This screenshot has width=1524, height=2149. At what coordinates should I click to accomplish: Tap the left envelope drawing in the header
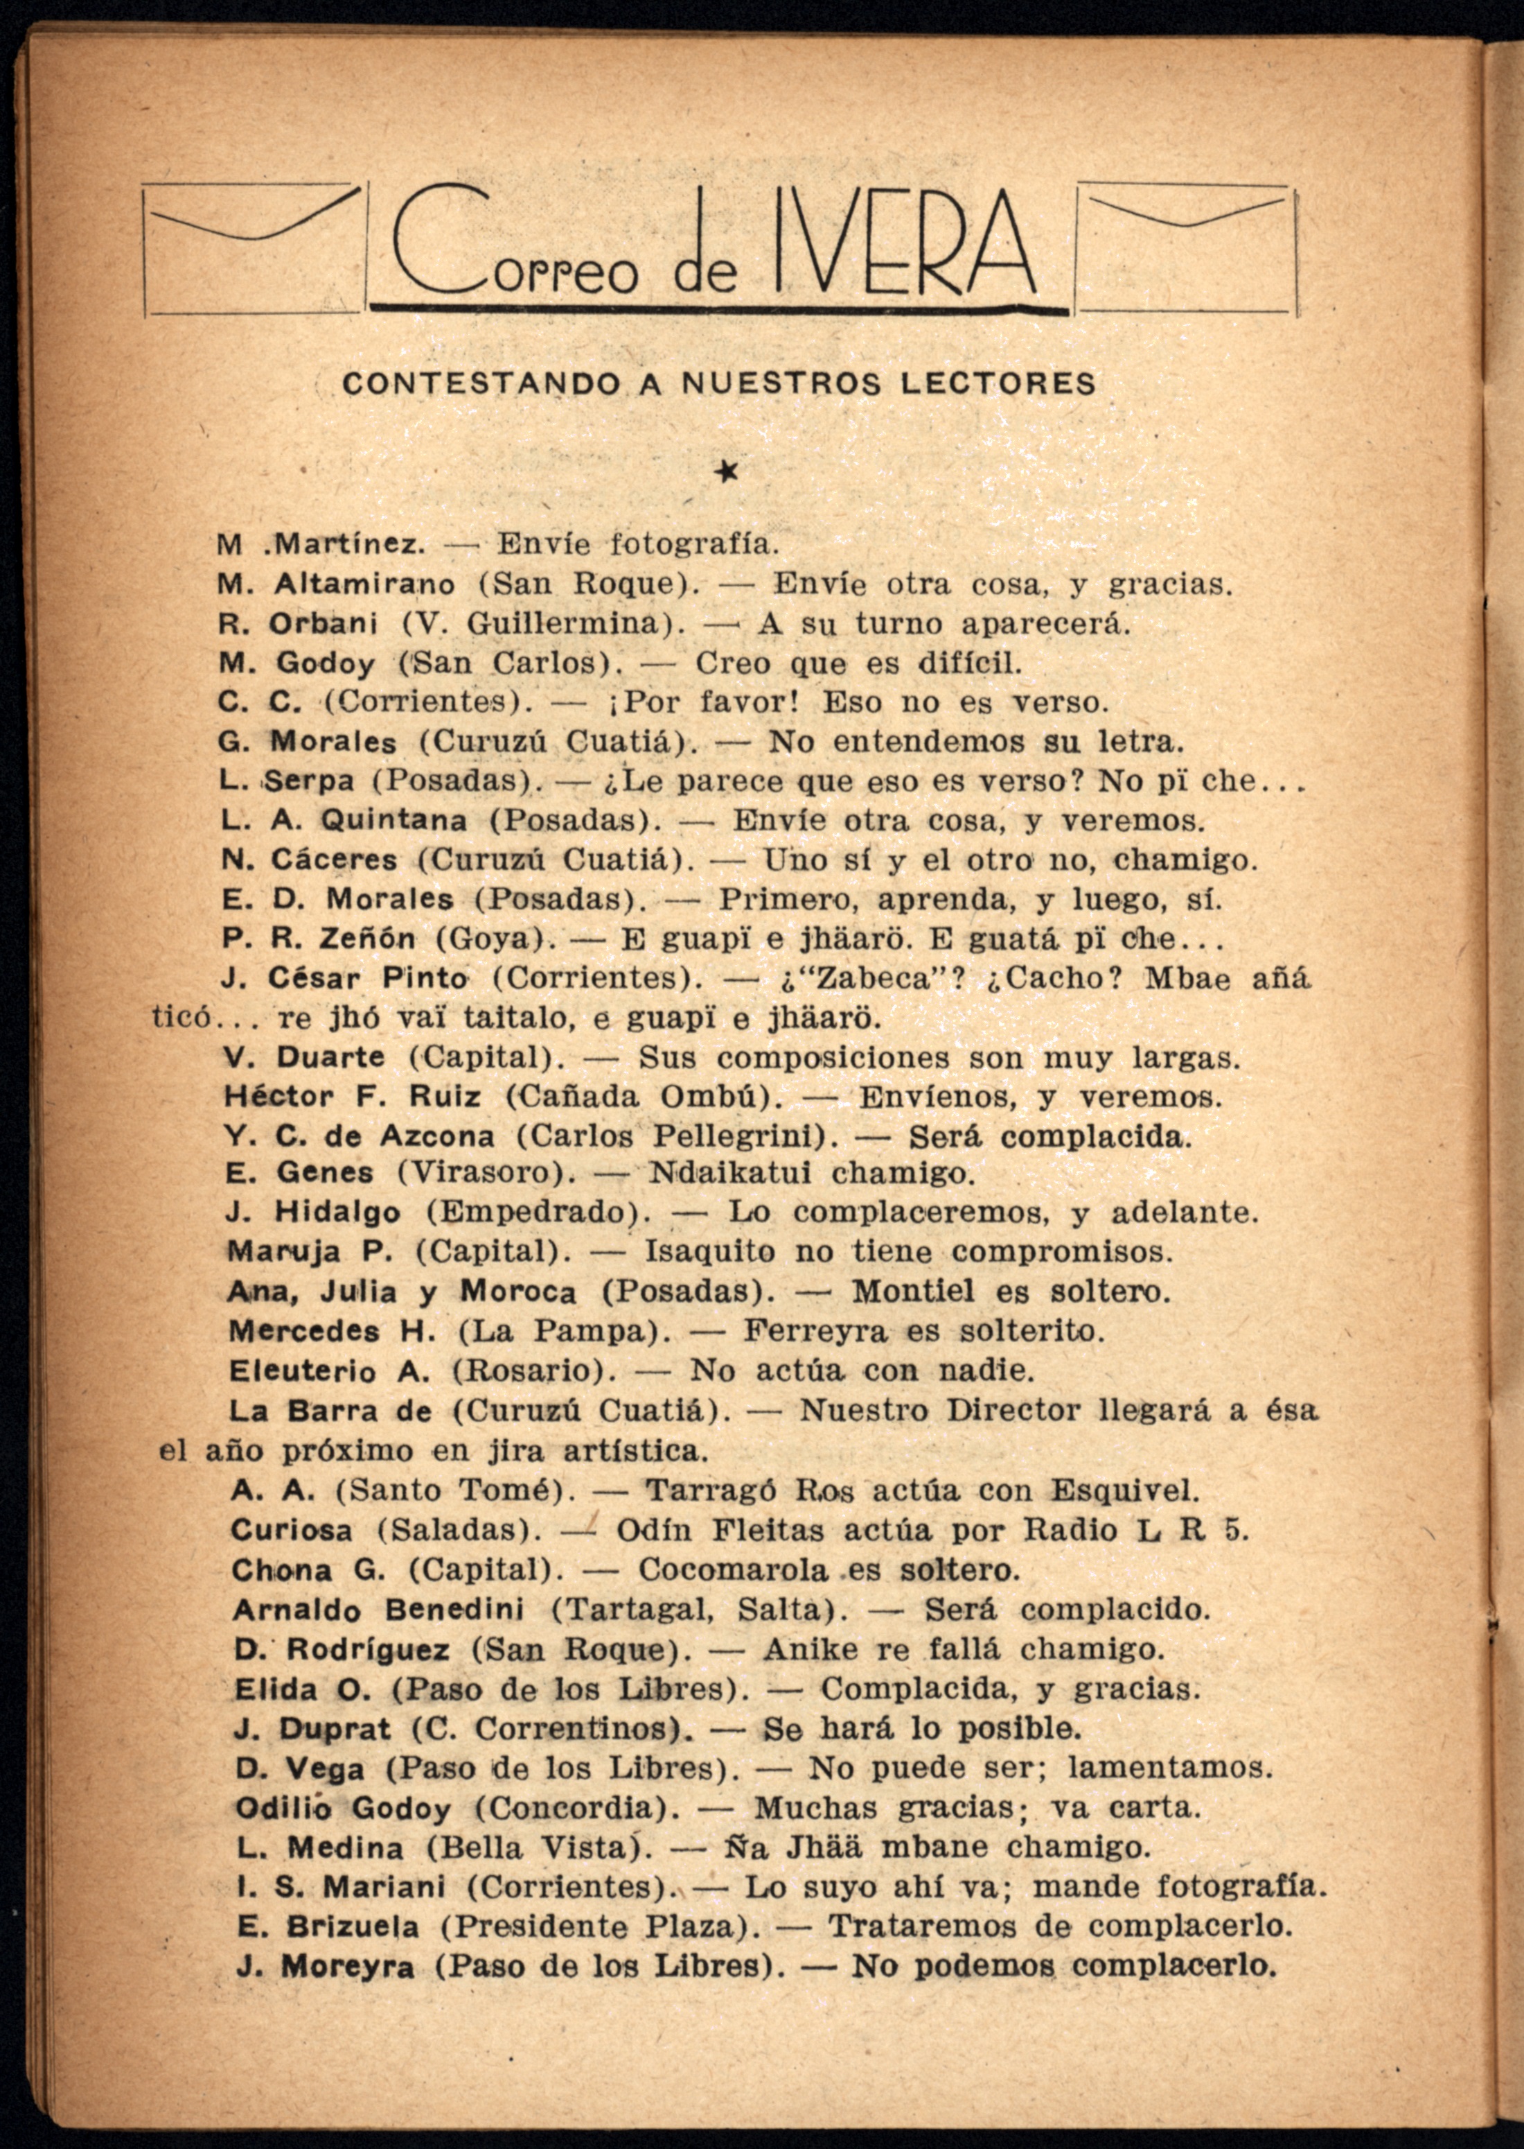pyautogui.click(x=251, y=249)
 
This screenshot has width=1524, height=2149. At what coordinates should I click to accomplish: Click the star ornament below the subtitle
pyautogui.click(x=725, y=472)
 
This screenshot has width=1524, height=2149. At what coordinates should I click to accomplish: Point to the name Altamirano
pyautogui.click(x=365, y=584)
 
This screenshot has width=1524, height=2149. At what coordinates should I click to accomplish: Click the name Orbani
pyautogui.click(x=324, y=623)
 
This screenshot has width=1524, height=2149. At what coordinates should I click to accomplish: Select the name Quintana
pyautogui.click(x=393, y=821)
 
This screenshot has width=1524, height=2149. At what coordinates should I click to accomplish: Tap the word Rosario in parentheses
pyautogui.click(x=529, y=1371)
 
